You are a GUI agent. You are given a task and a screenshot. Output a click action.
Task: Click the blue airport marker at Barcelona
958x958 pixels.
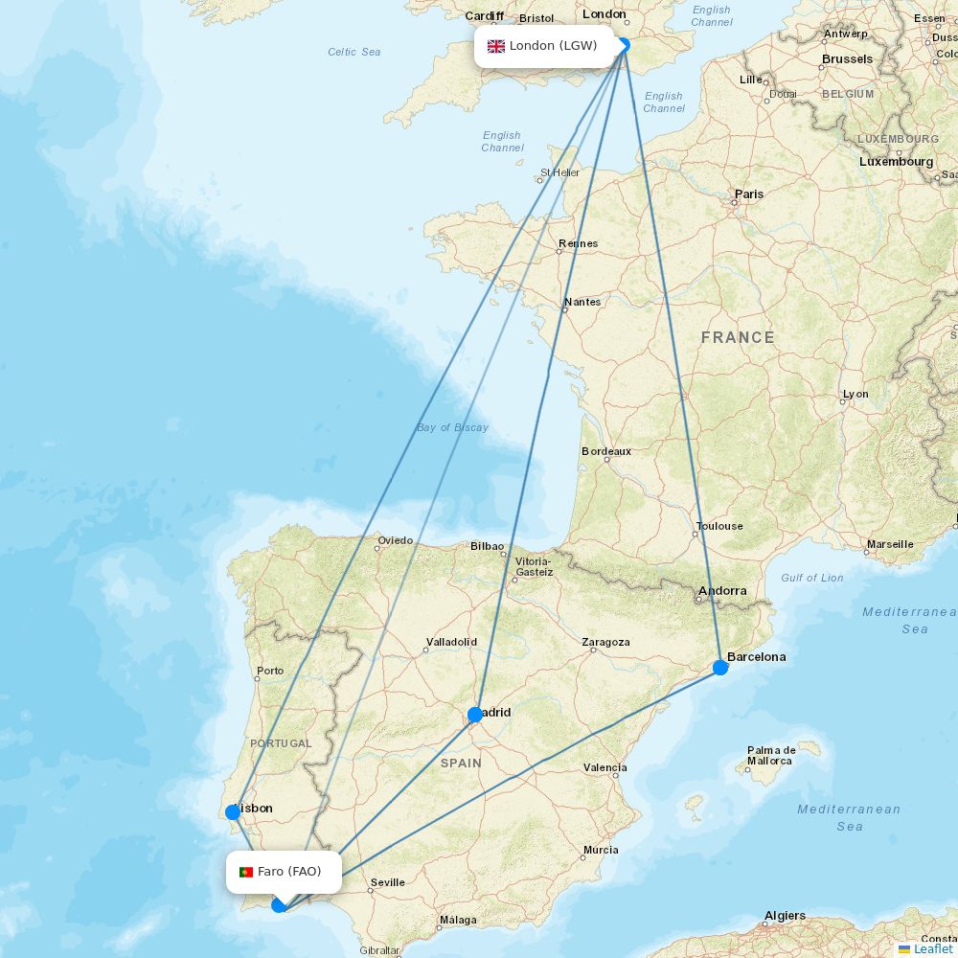point(720,667)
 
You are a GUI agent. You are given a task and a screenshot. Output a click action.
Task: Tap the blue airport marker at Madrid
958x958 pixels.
point(475,714)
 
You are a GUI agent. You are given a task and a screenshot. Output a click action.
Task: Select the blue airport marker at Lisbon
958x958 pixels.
point(233,812)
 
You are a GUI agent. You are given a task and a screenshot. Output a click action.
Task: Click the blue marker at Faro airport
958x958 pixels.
point(279,904)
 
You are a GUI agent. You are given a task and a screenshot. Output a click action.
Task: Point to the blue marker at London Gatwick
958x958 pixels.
point(624,44)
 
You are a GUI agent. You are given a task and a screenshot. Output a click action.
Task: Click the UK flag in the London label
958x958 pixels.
point(496,46)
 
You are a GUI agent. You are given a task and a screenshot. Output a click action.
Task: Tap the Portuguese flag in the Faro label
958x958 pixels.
point(246,872)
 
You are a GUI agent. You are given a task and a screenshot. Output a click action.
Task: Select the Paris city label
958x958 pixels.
point(749,194)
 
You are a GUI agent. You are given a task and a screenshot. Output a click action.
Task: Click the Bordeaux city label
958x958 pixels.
point(606,451)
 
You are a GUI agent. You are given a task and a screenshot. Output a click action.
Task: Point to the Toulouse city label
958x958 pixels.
point(719,526)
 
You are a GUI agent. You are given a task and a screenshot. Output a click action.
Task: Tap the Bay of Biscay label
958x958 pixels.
point(452,427)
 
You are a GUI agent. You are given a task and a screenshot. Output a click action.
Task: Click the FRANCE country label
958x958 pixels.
point(738,337)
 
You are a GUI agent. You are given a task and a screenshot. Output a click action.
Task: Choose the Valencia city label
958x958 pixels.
point(605,767)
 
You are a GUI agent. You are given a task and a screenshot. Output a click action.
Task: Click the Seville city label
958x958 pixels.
point(388,882)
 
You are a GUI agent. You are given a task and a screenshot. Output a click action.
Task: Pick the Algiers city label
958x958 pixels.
point(785,916)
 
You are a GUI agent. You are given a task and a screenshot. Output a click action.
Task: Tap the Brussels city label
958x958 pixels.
point(847,59)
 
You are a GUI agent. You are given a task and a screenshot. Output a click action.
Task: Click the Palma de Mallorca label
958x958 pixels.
point(772,755)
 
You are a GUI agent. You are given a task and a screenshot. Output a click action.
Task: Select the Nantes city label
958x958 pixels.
point(582,302)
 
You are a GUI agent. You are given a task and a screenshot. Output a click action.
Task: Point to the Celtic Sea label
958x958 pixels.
point(354,52)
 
